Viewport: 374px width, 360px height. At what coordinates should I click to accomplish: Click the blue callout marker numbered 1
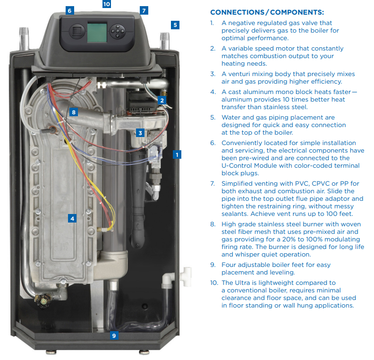(x=177, y=154)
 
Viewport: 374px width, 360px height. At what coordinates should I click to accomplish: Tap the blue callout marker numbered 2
(x=162, y=100)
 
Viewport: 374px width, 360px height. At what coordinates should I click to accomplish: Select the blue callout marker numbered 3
(x=140, y=133)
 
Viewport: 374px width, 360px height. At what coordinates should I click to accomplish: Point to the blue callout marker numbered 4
(x=72, y=218)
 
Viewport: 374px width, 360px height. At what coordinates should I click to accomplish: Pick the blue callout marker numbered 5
(x=175, y=25)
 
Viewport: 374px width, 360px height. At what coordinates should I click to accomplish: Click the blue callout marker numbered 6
(x=69, y=10)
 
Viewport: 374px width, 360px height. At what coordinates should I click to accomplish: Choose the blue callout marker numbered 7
(x=144, y=10)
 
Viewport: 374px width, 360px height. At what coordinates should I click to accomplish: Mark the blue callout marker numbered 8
(x=73, y=112)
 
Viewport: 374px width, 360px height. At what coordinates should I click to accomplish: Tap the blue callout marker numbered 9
(x=113, y=336)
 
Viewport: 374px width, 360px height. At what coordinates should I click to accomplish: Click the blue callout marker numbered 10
(x=106, y=4)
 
